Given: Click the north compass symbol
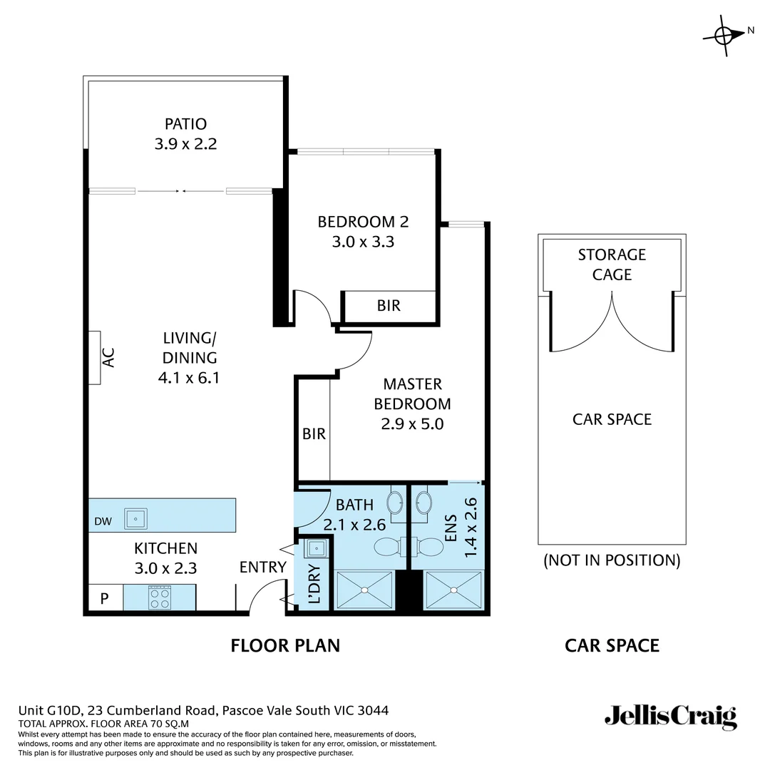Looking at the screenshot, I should click(x=724, y=34).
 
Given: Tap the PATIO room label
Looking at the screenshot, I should click(x=185, y=124).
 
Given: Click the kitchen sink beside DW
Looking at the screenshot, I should click(x=135, y=518).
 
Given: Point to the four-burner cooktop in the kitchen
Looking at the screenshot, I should click(x=160, y=597).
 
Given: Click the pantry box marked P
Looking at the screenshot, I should click(x=104, y=598).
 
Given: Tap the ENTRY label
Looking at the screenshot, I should click(x=262, y=568).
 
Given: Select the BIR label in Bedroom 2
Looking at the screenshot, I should click(x=389, y=306).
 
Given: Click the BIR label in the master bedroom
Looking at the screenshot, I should click(x=314, y=433).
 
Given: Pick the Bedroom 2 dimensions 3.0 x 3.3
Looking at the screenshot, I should click(x=363, y=242).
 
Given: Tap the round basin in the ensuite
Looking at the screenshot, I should click(x=423, y=502).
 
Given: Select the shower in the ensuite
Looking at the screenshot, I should click(x=454, y=590).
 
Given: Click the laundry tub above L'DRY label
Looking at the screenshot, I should click(x=317, y=548).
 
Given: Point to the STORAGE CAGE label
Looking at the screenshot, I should click(x=612, y=265).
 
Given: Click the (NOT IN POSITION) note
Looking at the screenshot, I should click(x=612, y=560).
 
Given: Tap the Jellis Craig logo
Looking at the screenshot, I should click(x=670, y=716).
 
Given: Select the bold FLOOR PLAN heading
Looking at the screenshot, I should click(x=285, y=646).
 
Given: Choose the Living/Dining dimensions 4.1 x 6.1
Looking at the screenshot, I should click(x=188, y=378).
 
